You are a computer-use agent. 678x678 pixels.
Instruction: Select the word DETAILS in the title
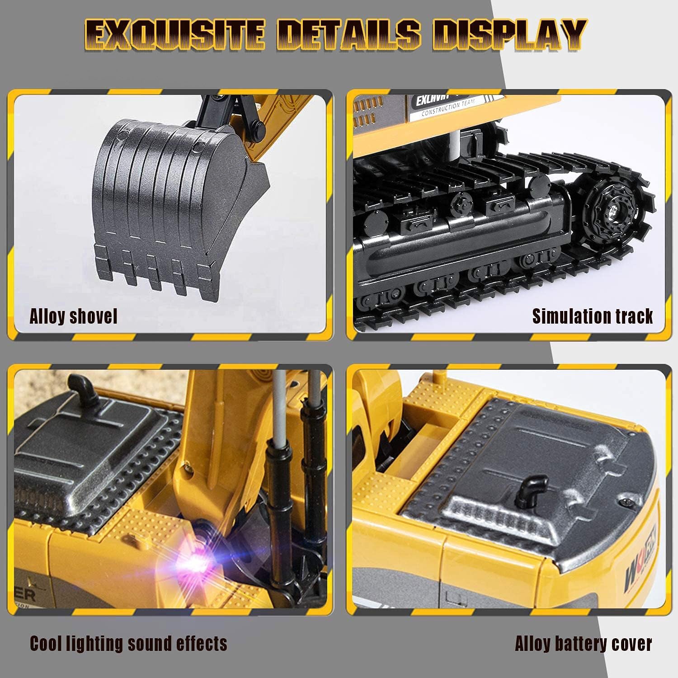(348, 35)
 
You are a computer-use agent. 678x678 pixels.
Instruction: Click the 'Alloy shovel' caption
(73, 316)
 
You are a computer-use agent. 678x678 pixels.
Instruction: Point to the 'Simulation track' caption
(592, 316)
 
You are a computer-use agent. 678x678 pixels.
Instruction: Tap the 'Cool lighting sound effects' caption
(128, 643)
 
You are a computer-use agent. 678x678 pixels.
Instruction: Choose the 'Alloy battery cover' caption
(583, 644)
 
